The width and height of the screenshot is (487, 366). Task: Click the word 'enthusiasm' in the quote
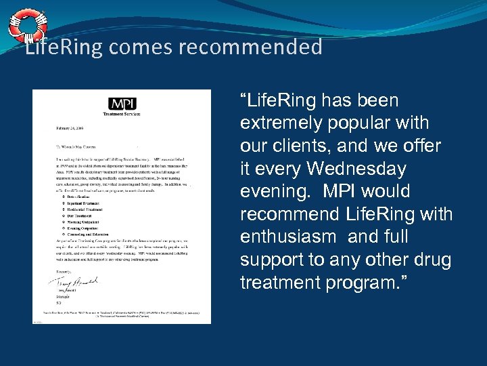tap(288, 237)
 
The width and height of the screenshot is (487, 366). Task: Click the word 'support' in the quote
tap(268, 260)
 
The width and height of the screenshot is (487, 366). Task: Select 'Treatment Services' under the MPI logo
tap(122, 115)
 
